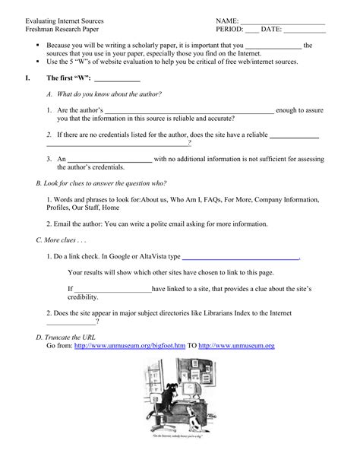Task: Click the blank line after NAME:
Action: point(282,21)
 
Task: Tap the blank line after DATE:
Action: point(304,30)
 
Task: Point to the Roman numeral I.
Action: point(27,78)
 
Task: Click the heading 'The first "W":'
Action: point(69,78)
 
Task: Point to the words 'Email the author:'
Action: point(81,224)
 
